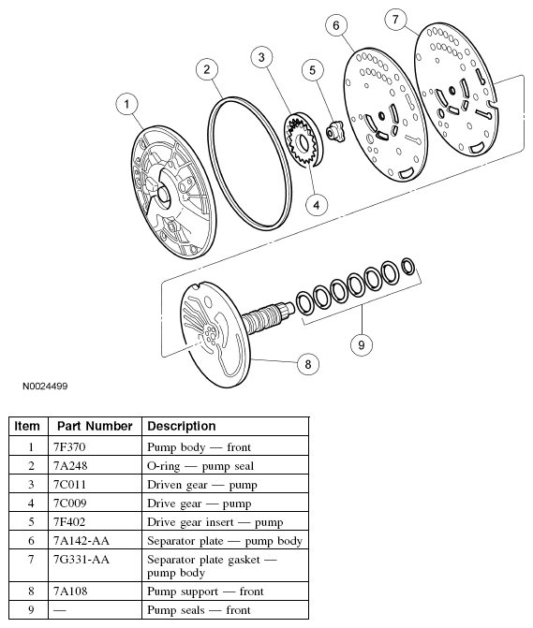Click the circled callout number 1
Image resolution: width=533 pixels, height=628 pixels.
point(126,104)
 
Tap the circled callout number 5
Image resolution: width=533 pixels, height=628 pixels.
point(312,70)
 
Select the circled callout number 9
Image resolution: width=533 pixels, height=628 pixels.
point(361,344)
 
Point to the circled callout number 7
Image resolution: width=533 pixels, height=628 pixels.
point(395,20)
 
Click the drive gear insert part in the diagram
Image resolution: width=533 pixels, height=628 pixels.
point(335,131)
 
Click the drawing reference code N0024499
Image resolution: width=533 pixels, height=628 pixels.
point(45,387)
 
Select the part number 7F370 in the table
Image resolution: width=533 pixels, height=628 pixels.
point(69,447)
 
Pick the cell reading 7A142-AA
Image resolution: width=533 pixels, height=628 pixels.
point(81,541)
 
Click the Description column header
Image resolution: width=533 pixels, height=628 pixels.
point(181,426)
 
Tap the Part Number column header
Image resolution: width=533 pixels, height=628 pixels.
point(95,426)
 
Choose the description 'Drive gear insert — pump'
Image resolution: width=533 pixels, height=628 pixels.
point(215,522)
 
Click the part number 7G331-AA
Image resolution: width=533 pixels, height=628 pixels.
point(81,560)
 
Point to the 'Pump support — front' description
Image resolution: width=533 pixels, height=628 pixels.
point(205,591)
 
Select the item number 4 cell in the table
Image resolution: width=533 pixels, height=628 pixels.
point(31,504)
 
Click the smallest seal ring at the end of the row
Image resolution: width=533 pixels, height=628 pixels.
point(408,267)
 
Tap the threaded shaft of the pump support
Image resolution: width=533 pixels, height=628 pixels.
point(266,315)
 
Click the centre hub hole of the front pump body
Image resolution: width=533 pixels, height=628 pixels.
point(164,193)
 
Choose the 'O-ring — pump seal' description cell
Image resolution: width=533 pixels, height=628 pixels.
point(200,466)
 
